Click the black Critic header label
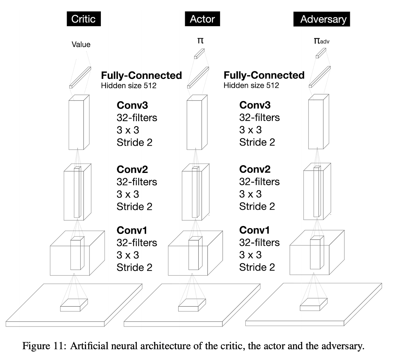pyautogui.click(x=83, y=19)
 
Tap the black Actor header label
pyautogui.click(x=202, y=19)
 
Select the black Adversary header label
pyautogui.click(x=322, y=19)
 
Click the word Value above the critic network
pyautogui.click(x=81, y=44)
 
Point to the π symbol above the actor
pyautogui.click(x=200, y=40)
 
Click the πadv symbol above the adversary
pyautogui.click(x=321, y=41)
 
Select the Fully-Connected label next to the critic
pyautogui.click(x=141, y=76)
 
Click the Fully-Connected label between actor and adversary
pyautogui.click(x=264, y=75)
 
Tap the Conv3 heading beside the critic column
pyautogui.click(x=132, y=105)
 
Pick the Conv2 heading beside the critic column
pyautogui.click(x=132, y=169)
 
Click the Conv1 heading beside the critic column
pyautogui.click(x=132, y=230)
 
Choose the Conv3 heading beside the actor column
pyautogui.click(x=255, y=105)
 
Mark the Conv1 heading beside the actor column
pyautogui.click(x=254, y=230)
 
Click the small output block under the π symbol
pyautogui.click(x=199, y=54)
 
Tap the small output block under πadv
pyautogui.click(x=321, y=53)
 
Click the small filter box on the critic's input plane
pyautogui.click(x=74, y=305)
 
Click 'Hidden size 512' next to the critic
pyautogui.click(x=128, y=85)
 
